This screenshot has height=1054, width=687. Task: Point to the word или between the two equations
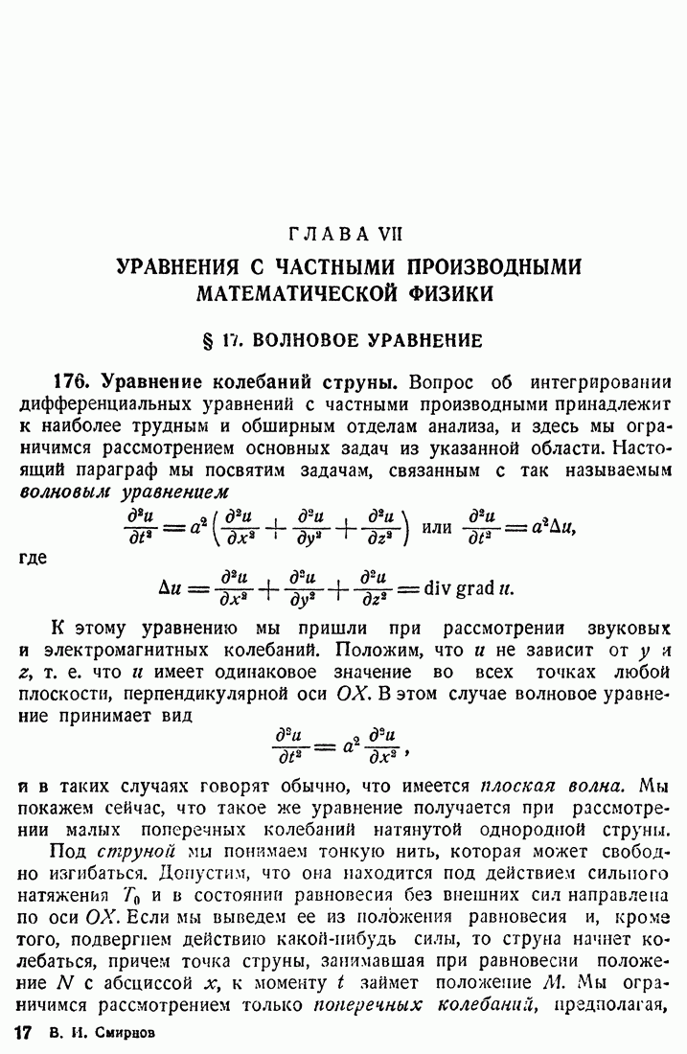[x=438, y=526]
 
